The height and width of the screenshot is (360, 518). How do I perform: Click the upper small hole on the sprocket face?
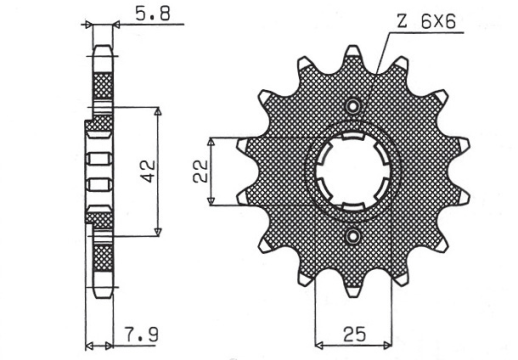tap(351, 106)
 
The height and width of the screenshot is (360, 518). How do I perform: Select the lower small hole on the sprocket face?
tap(352, 236)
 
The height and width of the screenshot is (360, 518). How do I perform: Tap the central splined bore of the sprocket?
tap(351, 171)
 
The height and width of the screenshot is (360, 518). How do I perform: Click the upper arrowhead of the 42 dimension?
tap(158, 111)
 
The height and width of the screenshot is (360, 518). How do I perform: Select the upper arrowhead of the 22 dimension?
tap(210, 140)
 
